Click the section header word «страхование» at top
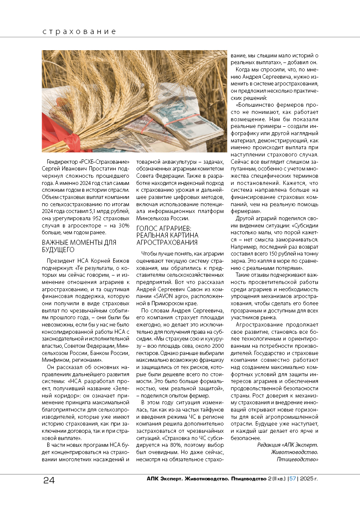pyautogui.click(x=79, y=32)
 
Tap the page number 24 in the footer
pyautogui.click(x=49, y=480)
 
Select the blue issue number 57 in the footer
pyautogui.click(x=293, y=479)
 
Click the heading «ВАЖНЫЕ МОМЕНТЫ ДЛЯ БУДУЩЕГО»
pyautogui.click(x=79, y=246)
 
